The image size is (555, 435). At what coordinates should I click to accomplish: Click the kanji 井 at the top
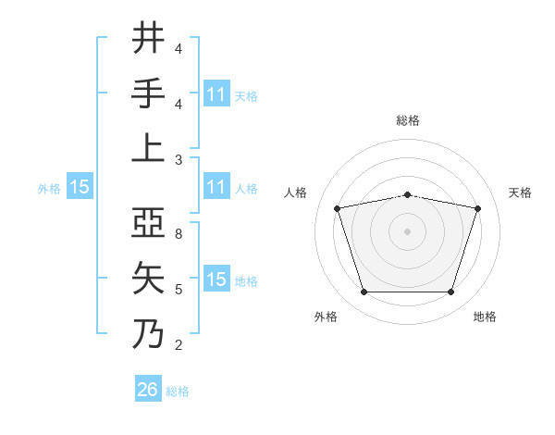tap(149, 39)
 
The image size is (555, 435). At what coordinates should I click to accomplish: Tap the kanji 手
tap(149, 93)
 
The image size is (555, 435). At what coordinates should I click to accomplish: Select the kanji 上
tap(149, 148)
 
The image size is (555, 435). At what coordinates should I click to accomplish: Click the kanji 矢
tap(149, 279)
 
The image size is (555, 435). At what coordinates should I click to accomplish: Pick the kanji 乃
tap(149, 333)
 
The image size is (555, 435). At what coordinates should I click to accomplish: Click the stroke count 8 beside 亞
tap(179, 235)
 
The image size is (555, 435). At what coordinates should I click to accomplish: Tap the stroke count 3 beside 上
tap(179, 159)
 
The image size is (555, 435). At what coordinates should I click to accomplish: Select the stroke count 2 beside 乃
tap(179, 345)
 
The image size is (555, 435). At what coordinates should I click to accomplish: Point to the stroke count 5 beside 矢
tap(179, 290)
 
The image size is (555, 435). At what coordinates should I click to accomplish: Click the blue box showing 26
tap(148, 390)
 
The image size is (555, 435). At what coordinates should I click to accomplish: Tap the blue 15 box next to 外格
tap(80, 187)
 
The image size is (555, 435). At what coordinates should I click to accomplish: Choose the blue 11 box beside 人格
tap(216, 187)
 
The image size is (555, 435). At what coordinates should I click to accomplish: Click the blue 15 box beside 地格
tap(216, 280)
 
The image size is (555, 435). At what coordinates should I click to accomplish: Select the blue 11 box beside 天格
tap(216, 94)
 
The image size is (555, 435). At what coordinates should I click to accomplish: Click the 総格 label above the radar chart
tap(407, 120)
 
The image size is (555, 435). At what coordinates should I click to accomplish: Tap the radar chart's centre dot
tap(407, 231)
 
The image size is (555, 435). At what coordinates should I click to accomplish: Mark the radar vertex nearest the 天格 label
tap(477, 208)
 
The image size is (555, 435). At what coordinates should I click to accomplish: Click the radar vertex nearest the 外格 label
tap(364, 292)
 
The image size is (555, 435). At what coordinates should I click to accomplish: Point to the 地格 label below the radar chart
tap(485, 317)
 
